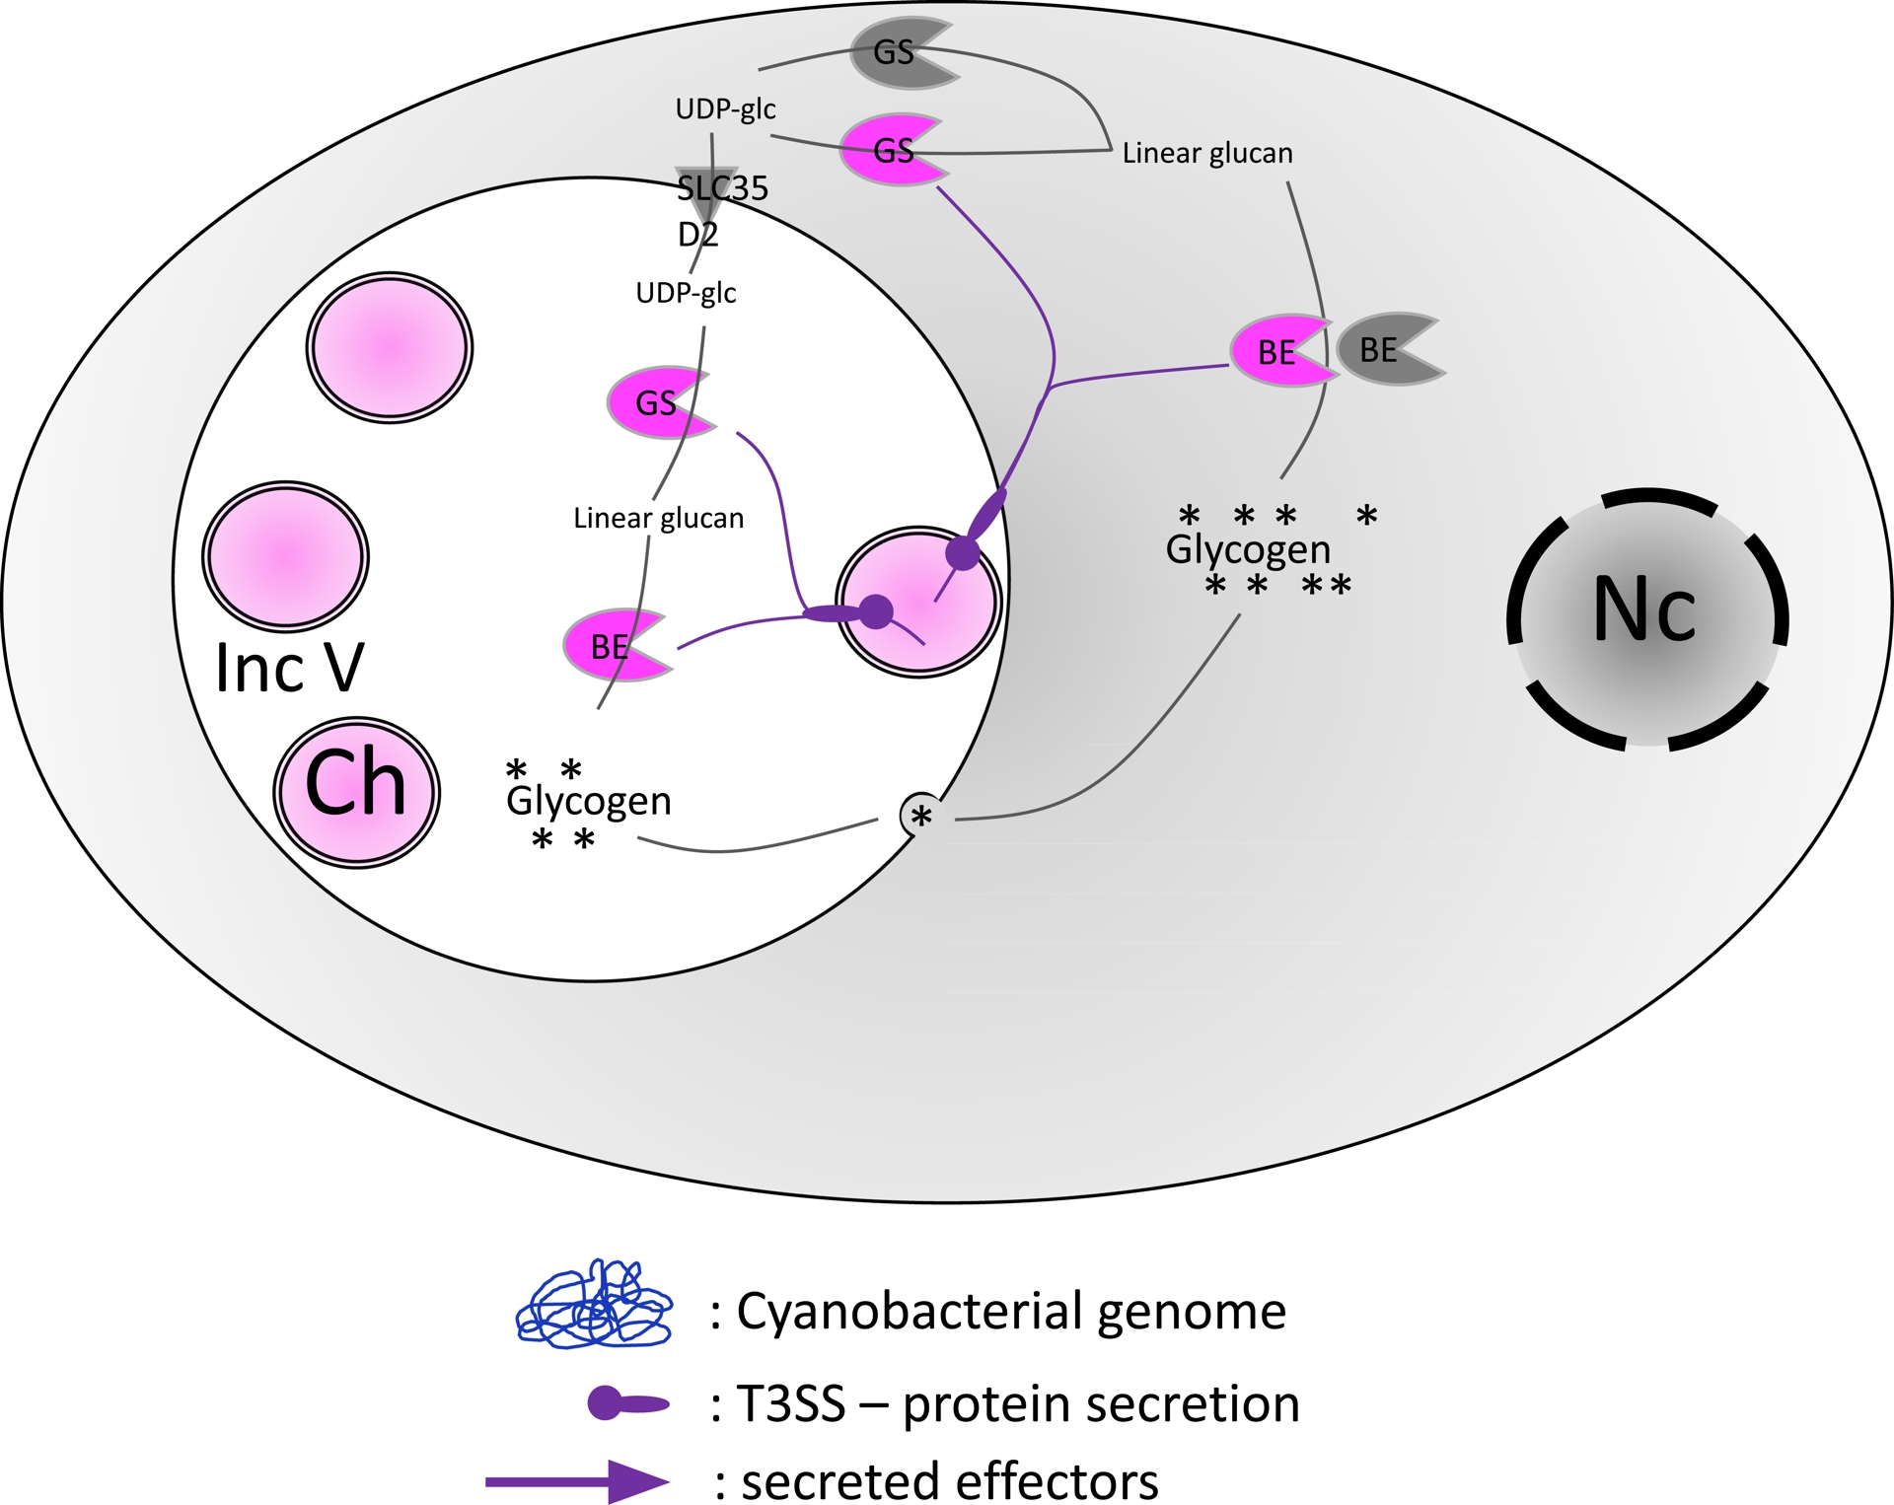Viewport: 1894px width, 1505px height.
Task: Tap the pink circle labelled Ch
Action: pyautogui.click(x=356, y=792)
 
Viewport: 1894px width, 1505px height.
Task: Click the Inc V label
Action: pyautogui.click(x=289, y=669)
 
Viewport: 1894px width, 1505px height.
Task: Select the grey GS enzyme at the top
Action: pyautogui.click(x=898, y=52)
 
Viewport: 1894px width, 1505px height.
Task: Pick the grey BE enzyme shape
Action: pyautogui.click(x=1386, y=350)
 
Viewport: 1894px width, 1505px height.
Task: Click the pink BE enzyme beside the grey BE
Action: pyautogui.click(x=1277, y=352)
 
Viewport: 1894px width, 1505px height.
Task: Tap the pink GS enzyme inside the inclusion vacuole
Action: pyautogui.click(x=656, y=402)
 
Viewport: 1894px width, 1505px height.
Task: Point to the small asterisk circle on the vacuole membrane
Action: pyautogui.click(x=921, y=816)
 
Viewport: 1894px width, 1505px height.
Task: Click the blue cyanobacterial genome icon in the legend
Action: pyautogui.click(x=595, y=1304)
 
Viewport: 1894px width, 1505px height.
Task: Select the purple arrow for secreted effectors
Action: pyautogui.click(x=577, y=1480)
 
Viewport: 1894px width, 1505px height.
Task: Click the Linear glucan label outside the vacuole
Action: pyautogui.click(x=1207, y=153)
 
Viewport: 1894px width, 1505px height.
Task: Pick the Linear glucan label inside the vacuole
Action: pyautogui.click(x=659, y=518)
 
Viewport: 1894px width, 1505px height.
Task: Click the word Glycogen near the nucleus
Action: pyautogui.click(x=1248, y=548)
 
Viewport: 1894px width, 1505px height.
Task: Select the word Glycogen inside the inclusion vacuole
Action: pyautogui.click(x=589, y=800)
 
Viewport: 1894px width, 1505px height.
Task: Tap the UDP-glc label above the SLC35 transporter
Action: pyautogui.click(x=725, y=108)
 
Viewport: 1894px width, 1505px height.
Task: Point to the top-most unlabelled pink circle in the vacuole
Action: pyautogui.click(x=390, y=348)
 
